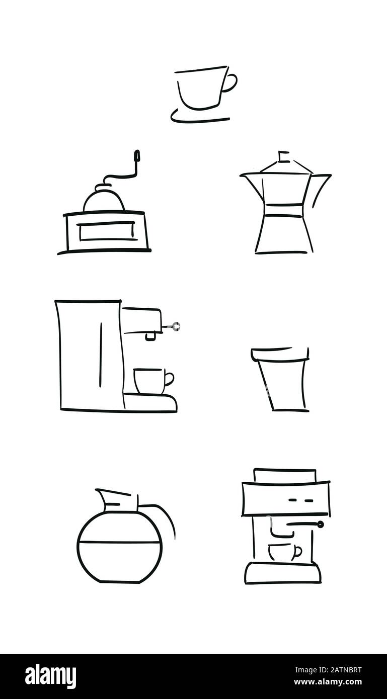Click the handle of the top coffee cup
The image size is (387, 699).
coord(231,83)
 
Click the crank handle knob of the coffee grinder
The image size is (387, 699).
coord(136,156)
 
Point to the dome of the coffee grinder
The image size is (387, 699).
coord(104,200)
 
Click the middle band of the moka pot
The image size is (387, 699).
coord(284,211)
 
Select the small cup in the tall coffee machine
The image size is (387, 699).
coord(150,381)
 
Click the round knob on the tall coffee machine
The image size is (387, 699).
coord(176,326)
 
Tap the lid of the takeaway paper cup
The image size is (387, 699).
coord(280,355)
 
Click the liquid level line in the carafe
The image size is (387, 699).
coord(120,542)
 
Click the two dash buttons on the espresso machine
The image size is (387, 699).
coord(301,500)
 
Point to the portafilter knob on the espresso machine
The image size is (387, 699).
coord(320,525)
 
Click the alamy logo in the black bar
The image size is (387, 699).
coord(50,676)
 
